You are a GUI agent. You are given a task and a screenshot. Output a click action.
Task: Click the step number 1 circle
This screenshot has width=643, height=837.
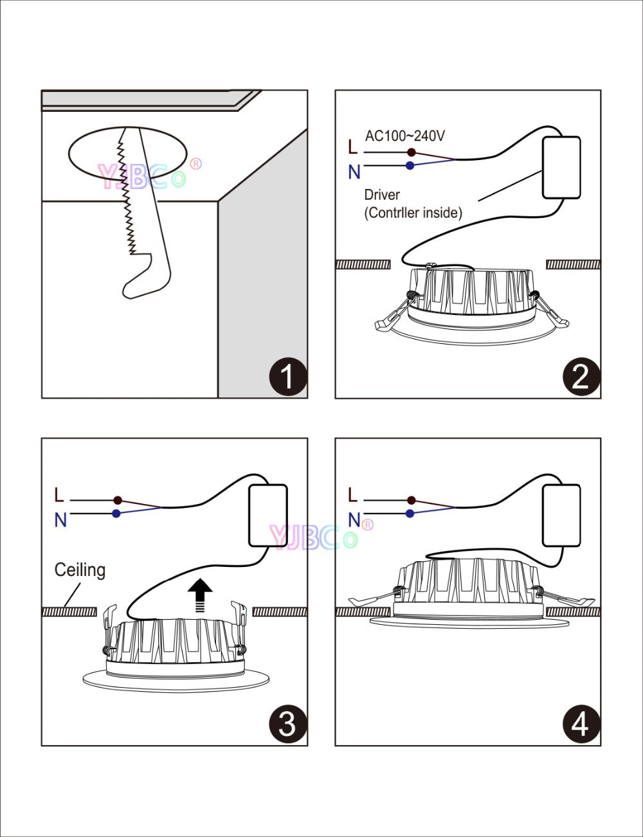click(x=287, y=377)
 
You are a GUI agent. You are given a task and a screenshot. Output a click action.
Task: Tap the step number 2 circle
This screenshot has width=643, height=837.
click(x=581, y=377)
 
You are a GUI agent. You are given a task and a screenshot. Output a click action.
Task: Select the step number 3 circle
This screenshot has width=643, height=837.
click(x=287, y=724)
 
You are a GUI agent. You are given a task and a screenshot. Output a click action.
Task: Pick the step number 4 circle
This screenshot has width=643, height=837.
click(x=581, y=724)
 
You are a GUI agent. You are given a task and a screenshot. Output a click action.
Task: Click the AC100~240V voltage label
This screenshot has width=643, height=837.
click(x=405, y=136)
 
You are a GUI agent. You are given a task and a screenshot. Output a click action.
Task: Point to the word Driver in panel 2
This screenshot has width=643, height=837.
click(x=382, y=195)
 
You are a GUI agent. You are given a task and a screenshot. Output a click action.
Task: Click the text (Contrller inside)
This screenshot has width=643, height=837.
click(x=413, y=213)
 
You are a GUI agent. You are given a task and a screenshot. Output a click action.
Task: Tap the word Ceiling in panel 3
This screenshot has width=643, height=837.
click(x=80, y=570)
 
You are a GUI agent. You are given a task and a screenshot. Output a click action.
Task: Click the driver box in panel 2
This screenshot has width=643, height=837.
click(x=561, y=167)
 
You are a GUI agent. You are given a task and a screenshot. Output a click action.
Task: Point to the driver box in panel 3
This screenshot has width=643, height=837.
click(x=268, y=516)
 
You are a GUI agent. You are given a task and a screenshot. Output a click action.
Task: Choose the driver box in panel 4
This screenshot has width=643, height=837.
click(x=561, y=516)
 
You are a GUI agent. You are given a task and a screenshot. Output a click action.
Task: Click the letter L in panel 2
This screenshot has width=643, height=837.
click(x=352, y=148)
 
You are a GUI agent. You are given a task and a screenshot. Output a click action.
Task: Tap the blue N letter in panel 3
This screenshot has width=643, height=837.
click(x=60, y=520)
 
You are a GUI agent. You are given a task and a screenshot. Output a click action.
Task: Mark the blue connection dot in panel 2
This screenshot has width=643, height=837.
click(x=410, y=166)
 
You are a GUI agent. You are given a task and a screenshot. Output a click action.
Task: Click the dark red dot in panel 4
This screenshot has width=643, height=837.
click(x=411, y=500)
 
